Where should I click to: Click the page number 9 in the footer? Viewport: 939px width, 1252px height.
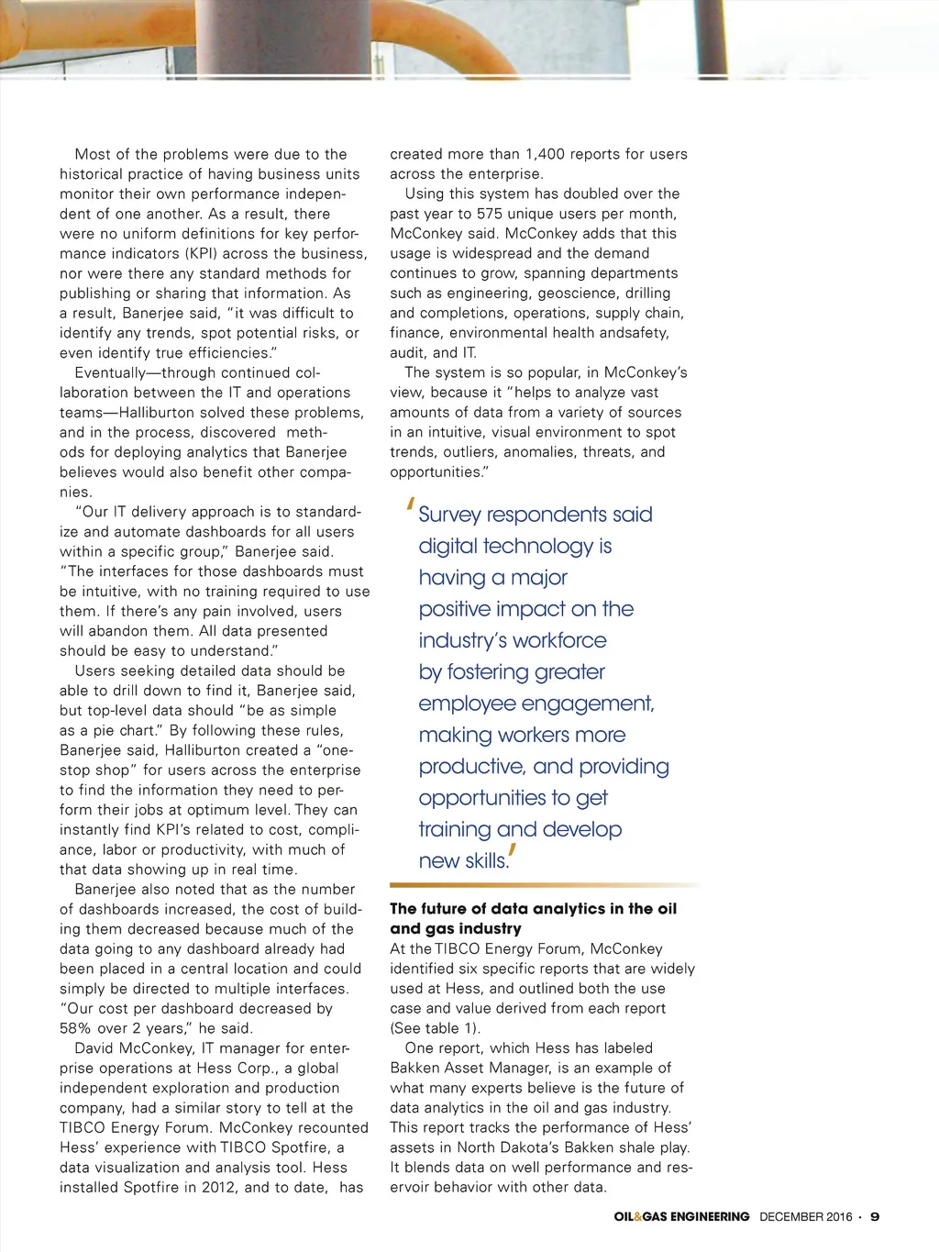pyautogui.click(x=875, y=1216)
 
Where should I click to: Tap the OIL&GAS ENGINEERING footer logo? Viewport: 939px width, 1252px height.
pyautogui.click(x=681, y=1216)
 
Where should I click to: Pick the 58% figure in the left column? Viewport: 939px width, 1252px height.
pyautogui.click(x=76, y=1028)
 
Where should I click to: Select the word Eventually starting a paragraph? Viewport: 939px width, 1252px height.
pyautogui.click(x=116, y=372)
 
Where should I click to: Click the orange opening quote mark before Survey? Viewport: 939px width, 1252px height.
pyautogui.click(x=412, y=504)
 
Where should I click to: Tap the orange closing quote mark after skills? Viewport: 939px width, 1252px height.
pyautogui.click(x=513, y=853)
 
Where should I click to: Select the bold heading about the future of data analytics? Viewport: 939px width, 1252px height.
pyautogui.click(x=533, y=918)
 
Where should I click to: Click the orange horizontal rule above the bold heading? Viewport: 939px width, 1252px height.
pyautogui.click(x=544, y=885)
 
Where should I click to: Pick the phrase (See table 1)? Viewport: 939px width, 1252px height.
pyautogui.click(x=435, y=1028)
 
